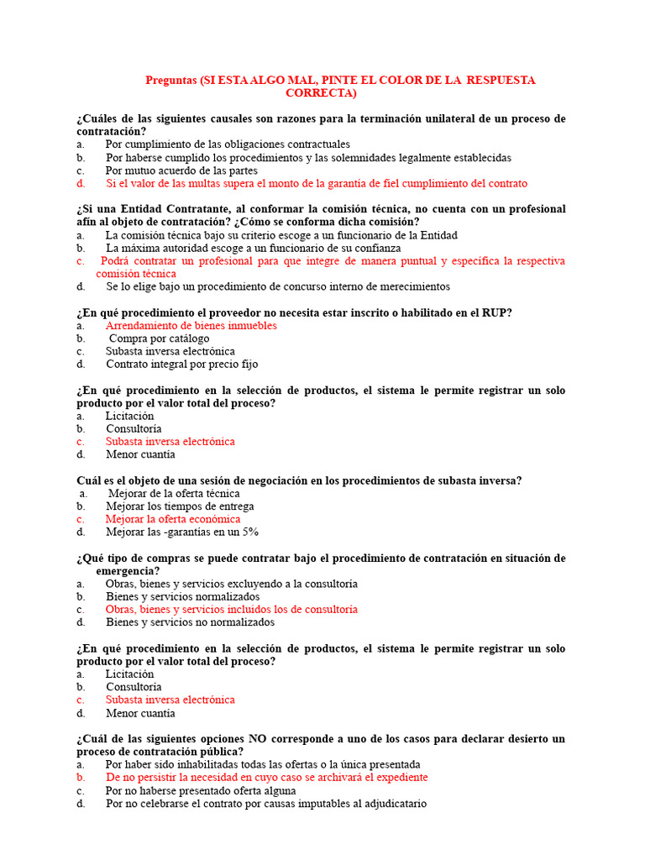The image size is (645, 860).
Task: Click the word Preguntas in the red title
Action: (171, 80)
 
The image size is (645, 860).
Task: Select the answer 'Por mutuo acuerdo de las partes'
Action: (181, 170)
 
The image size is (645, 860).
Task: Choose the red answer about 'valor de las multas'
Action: (316, 183)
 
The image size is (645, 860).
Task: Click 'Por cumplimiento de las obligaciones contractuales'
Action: (228, 144)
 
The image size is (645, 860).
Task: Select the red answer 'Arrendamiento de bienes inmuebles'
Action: (191, 325)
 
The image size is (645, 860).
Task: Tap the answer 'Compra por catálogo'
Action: (160, 338)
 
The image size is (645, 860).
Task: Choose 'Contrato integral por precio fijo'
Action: (181, 364)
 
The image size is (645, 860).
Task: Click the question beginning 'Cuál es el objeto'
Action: (299, 480)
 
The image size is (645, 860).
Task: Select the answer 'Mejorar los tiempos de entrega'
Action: (180, 506)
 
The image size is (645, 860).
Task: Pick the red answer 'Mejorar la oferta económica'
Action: (173, 519)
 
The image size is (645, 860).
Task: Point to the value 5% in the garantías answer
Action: (249, 532)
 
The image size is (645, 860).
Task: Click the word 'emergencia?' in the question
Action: (128, 571)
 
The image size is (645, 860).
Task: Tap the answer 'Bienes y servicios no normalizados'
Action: (190, 622)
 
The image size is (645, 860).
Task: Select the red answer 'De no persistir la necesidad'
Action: (266, 778)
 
